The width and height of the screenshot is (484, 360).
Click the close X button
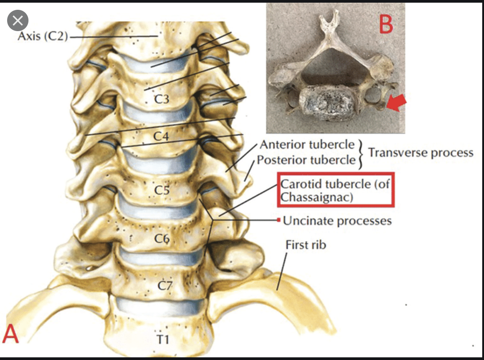tap(18, 21)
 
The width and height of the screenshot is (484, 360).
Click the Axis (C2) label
tap(42, 36)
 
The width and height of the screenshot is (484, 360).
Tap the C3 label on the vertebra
tap(161, 100)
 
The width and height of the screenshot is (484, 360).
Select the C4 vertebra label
tap(161, 136)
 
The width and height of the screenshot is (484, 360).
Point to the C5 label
tap(162, 190)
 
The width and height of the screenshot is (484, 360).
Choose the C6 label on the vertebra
tap(162, 239)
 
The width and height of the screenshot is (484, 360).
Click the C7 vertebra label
tap(165, 286)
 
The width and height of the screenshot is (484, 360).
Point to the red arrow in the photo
tap(396, 104)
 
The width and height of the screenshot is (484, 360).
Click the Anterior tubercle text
tap(307, 145)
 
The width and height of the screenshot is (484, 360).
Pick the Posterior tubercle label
tap(306, 160)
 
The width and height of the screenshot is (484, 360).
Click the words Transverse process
tap(420, 152)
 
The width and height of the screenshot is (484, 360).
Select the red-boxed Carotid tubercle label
tap(336, 190)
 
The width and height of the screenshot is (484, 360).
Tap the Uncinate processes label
tap(337, 220)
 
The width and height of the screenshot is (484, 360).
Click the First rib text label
tap(306, 244)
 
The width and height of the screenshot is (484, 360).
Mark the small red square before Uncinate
tap(278, 220)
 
